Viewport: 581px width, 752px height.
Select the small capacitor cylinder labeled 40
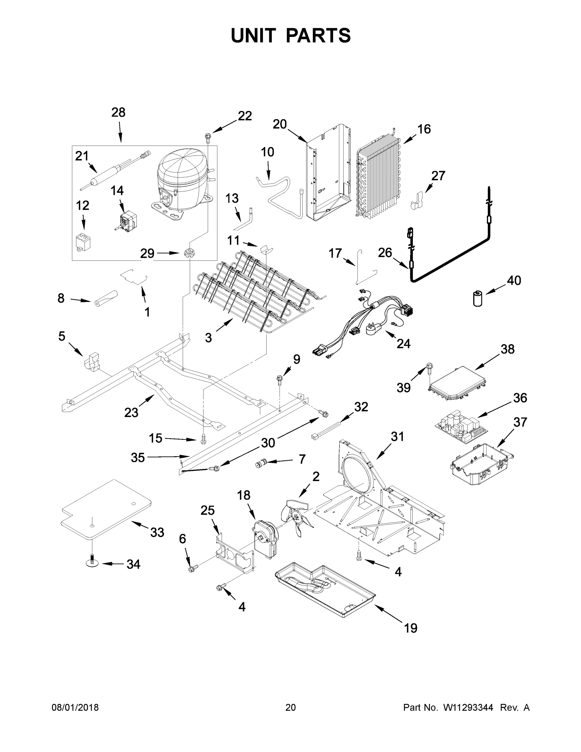click(x=477, y=298)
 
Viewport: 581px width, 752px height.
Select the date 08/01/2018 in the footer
click(x=75, y=708)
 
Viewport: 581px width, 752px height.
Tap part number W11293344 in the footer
click(x=468, y=708)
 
